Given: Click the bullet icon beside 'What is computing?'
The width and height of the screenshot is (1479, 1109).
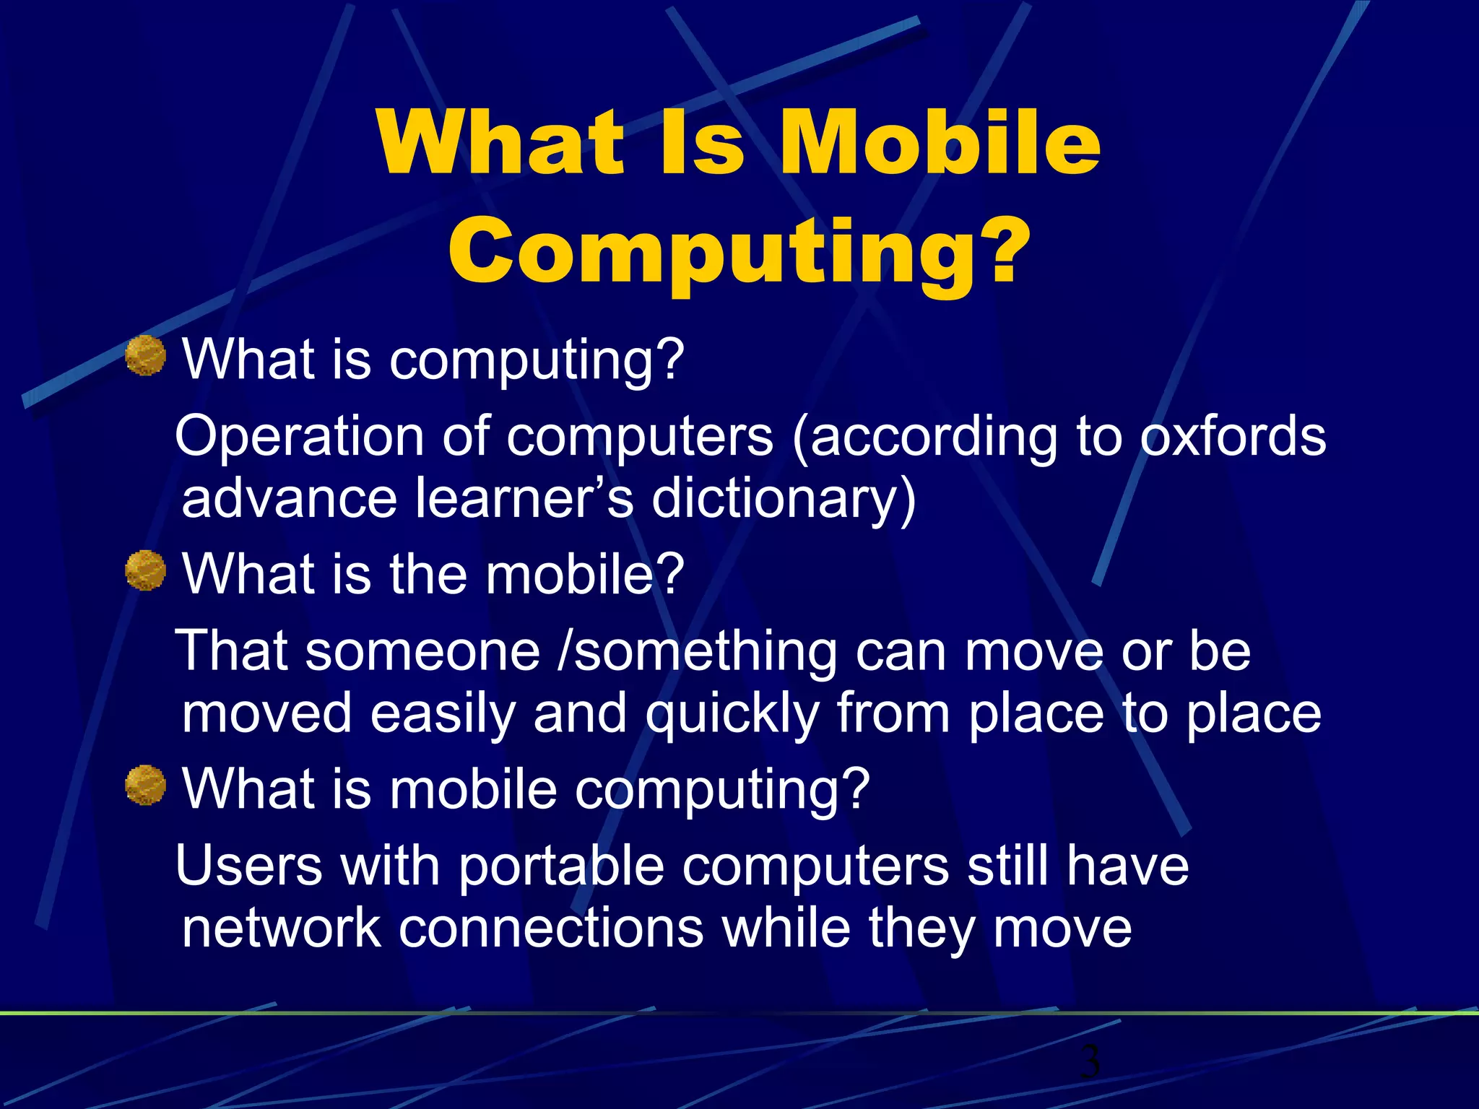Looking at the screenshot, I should (146, 356).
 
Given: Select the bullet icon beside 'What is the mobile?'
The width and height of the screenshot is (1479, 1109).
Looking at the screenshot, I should (146, 570).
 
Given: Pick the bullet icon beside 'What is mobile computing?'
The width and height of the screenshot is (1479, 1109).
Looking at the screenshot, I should (146, 785).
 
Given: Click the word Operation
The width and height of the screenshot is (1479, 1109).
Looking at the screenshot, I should (299, 437).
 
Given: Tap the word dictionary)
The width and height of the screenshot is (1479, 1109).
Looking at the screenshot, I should (784, 499).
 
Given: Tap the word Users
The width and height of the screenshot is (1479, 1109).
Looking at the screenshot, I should (248, 866).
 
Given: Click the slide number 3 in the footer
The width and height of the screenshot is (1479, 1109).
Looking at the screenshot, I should (1090, 1061).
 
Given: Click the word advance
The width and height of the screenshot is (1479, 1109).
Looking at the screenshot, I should (289, 499).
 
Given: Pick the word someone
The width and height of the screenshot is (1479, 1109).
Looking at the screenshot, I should (422, 651).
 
